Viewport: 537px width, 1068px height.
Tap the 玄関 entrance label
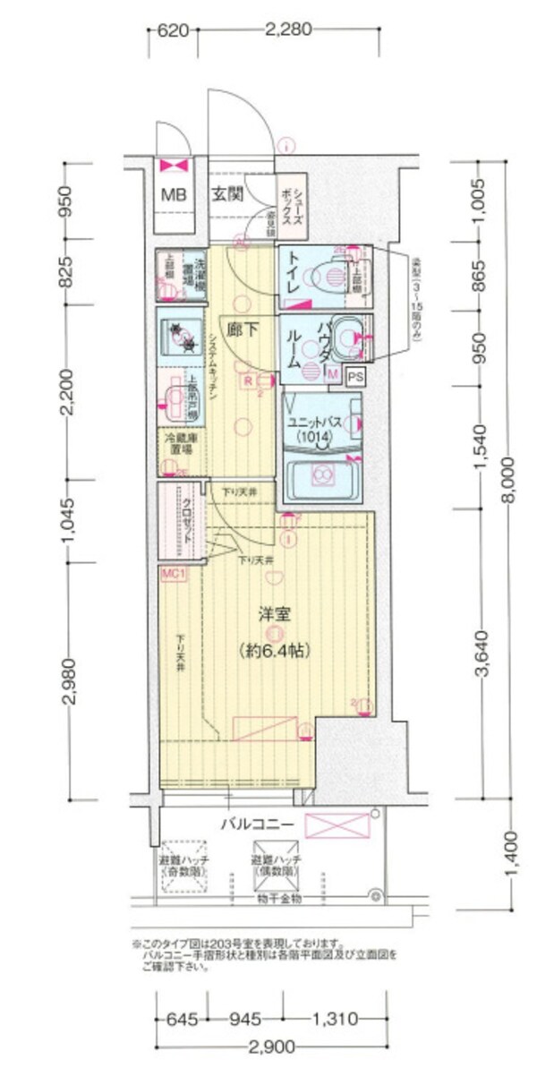pyautogui.click(x=227, y=194)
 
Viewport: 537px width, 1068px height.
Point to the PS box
pyautogui.click(x=355, y=377)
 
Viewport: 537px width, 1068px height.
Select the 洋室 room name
pyautogui.click(x=272, y=616)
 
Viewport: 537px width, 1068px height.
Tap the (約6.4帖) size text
pyautogui.click(x=272, y=648)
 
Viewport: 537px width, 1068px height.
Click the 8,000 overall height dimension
pyautogui.click(x=509, y=479)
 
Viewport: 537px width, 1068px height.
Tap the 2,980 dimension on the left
pyautogui.click(x=70, y=680)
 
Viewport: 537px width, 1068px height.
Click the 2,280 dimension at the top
pyautogui.click(x=287, y=30)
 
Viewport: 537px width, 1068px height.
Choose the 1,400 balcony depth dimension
pyautogui.click(x=509, y=856)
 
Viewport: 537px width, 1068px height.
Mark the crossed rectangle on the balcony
pyautogui.click(x=337, y=825)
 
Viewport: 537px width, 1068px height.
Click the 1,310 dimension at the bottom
pyautogui.click(x=336, y=1018)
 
